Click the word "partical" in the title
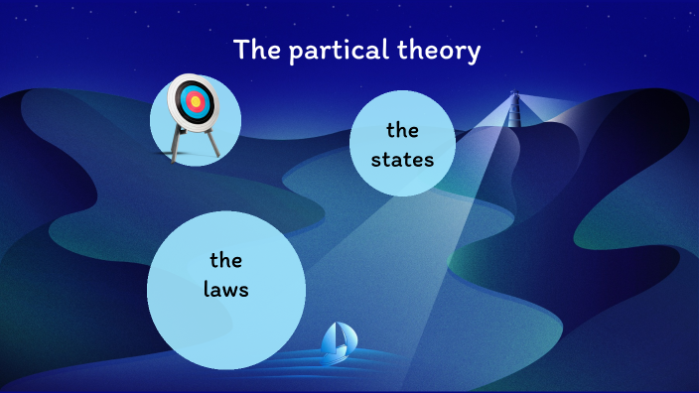point(332,51)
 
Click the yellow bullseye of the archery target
point(196,100)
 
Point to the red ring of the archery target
point(196,94)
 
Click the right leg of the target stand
point(211,143)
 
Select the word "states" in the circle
point(402,157)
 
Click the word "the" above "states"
point(402,130)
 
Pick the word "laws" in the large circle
point(226,291)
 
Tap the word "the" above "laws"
point(226,261)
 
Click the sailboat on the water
point(337,342)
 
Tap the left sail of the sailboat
point(330,340)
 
